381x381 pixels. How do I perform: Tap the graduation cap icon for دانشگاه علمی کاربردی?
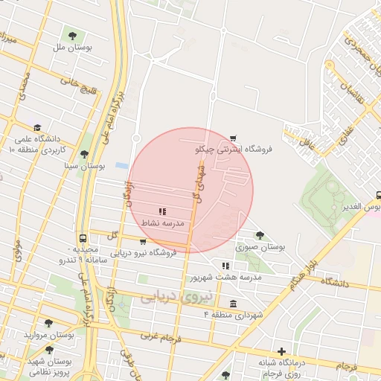(x=37, y=127)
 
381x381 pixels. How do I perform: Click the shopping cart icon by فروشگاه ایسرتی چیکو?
(x=234, y=138)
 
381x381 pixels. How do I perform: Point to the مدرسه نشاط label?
(x=162, y=223)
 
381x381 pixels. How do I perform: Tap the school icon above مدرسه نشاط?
(x=162, y=212)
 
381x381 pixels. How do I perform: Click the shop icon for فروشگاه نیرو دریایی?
(x=143, y=242)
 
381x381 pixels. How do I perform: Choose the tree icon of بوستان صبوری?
(x=260, y=235)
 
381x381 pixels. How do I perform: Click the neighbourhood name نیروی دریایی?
(x=176, y=296)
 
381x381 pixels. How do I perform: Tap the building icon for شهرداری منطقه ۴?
(x=234, y=304)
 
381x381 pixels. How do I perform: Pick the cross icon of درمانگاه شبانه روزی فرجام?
(x=281, y=351)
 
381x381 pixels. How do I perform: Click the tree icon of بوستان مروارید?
(x=49, y=324)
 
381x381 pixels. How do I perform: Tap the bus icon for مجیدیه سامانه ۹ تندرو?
(x=83, y=238)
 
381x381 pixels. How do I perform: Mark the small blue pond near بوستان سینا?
(x=121, y=165)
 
